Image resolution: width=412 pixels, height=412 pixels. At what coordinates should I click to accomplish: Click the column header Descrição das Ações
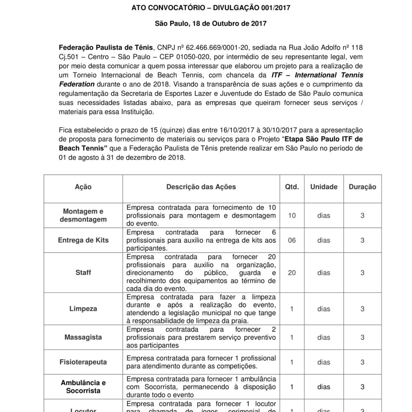(x=201, y=187)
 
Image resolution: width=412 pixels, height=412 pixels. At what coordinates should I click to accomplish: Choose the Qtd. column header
(x=292, y=187)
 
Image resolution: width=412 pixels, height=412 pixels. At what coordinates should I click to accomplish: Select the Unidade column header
(x=323, y=187)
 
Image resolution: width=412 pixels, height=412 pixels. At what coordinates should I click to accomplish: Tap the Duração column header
(x=363, y=187)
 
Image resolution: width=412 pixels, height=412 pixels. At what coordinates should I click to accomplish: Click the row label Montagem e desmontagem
(x=83, y=215)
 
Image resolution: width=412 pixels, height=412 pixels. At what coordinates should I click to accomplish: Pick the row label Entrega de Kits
(x=83, y=240)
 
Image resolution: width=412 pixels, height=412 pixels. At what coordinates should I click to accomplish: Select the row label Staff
(x=83, y=272)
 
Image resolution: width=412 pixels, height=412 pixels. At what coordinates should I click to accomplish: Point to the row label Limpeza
(x=83, y=309)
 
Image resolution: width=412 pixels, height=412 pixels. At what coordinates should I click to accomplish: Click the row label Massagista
(x=83, y=337)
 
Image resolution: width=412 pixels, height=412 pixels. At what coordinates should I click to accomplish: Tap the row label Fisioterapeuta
(x=83, y=362)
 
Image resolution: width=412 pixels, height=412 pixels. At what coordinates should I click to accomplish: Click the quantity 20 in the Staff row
(x=292, y=272)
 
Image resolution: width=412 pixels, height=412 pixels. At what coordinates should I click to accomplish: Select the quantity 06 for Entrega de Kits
(x=292, y=240)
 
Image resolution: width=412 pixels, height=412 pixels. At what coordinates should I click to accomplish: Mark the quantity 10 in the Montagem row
(x=292, y=215)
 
